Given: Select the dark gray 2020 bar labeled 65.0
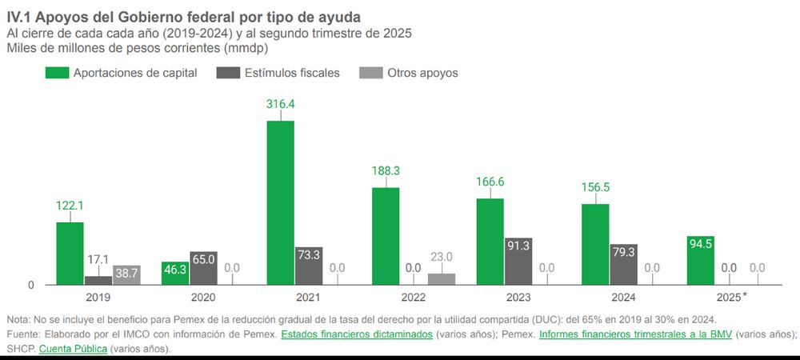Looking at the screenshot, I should [x=203, y=268].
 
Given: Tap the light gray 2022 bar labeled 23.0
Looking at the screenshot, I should [x=442, y=278].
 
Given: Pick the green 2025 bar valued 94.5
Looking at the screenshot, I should [x=700, y=260].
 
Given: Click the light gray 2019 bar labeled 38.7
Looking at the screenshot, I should [x=126, y=274].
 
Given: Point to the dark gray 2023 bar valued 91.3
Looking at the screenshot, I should [x=518, y=261].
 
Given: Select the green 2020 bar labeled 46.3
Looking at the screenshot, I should [x=174, y=273].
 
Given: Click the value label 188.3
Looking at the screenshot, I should [x=386, y=170].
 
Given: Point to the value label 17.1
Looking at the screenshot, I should [x=98, y=260].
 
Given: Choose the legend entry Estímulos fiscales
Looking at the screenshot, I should [x=278, y=73].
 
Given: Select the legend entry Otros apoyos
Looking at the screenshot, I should [x=422, y=73].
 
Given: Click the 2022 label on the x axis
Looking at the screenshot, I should [x=414, y=297].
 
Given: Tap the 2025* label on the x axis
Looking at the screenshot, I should [x=730, y=297].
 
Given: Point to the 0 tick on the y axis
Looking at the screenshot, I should [x=31, y=286].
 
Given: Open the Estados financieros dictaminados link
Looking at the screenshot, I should [x=356, y=334].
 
